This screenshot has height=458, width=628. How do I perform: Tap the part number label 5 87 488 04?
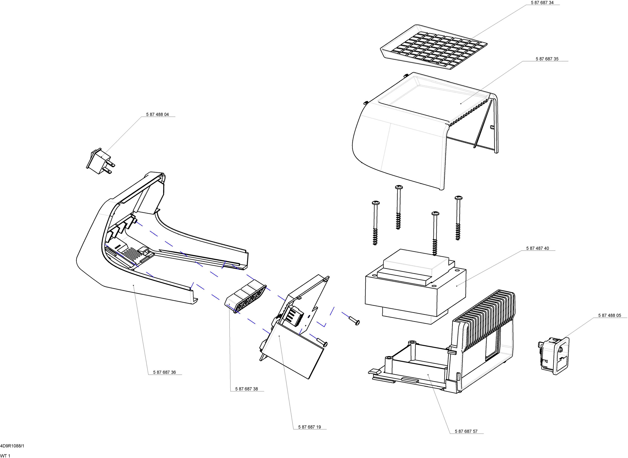pyautogui.click(x=157, y=114)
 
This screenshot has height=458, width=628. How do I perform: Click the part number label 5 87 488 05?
pyautogui.click(x=609, y=316)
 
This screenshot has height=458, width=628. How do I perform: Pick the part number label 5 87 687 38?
pyautogui.click(x=246, y=389)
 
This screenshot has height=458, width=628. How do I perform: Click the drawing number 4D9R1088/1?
pyautogui.click(x=12, y=446)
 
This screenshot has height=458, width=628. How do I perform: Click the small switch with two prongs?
pyautogui.click(x=100, y=162)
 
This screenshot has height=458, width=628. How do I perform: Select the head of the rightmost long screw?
pyautogui.click(x=459, y=198)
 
